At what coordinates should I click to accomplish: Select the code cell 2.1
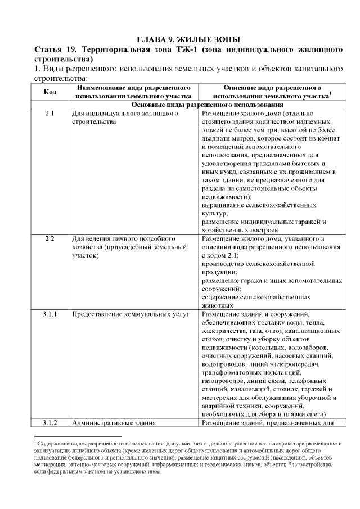click(49, 114)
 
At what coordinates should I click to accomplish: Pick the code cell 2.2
click(49, 239)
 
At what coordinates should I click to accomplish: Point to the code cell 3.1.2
click(49, 422)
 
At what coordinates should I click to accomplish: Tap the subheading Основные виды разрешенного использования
click(207, 105)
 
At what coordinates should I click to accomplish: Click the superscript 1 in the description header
click(330, 93)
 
